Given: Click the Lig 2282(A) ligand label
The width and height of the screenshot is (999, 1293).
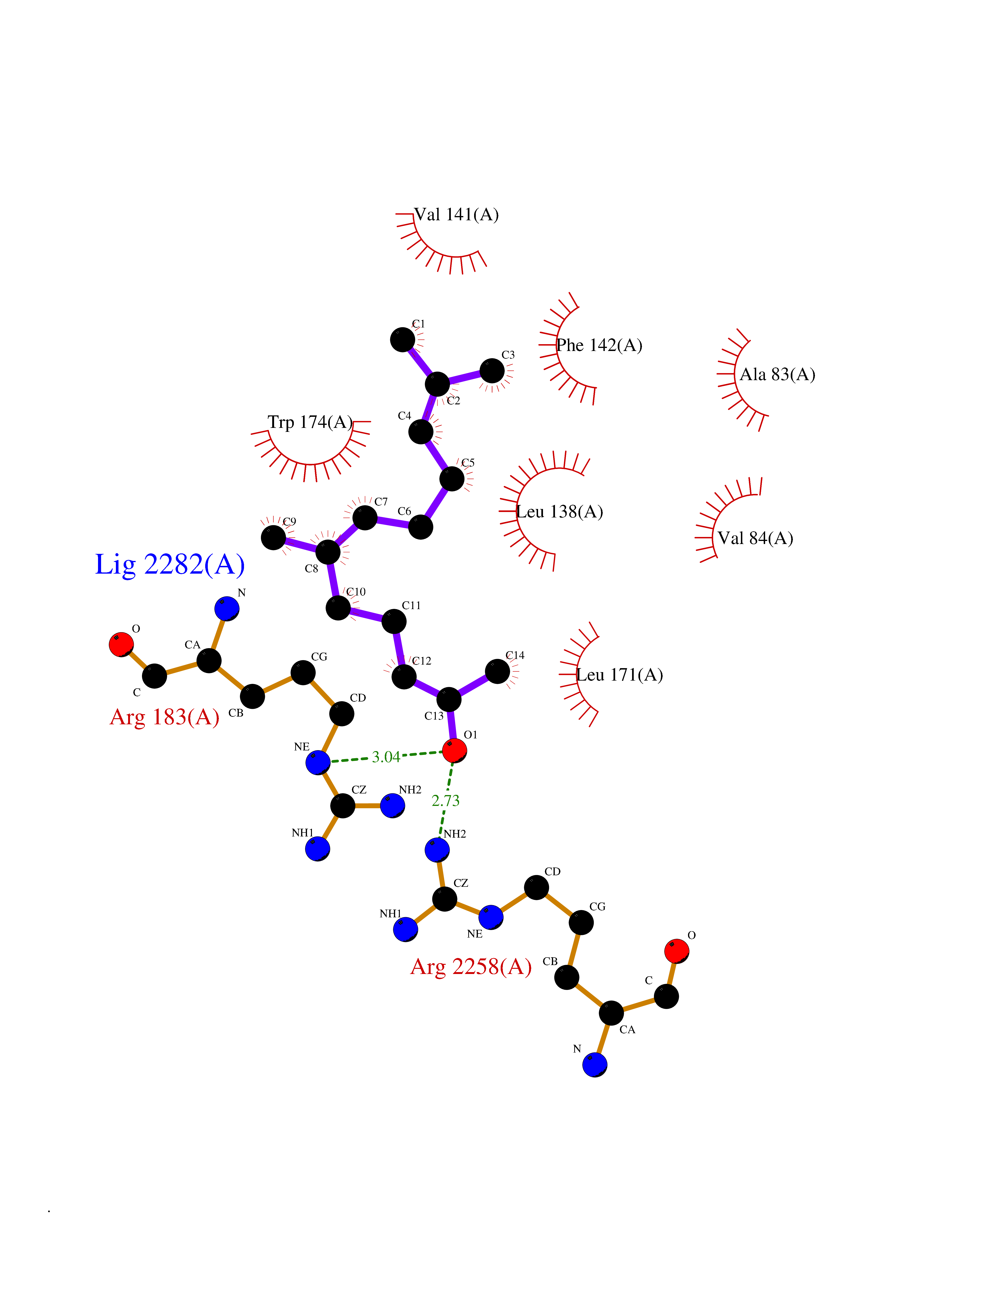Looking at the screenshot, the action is [x=170, y=565].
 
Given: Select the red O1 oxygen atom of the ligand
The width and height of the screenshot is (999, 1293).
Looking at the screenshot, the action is [x=455, y=751].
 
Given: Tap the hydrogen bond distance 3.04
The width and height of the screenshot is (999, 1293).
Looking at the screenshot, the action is [x=386, y=757].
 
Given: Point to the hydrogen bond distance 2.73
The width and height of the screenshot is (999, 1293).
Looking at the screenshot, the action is [x=446, y=801].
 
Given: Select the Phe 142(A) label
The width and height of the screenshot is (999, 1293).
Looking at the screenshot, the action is [x=600, y=345].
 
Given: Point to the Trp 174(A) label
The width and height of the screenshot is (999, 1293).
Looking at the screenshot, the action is [x=310, y=422].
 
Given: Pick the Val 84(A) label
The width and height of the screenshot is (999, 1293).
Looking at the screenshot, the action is [x=756, y=538].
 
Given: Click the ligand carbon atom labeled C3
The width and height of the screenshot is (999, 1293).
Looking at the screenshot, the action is [x=492, y=371].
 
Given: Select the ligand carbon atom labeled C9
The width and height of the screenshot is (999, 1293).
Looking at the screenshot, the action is [x=273, y=538].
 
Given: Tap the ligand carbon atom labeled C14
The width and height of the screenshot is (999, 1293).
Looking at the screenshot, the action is [x=497, y=671].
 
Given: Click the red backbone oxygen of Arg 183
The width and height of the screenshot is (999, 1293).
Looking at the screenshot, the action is [x=121, y=645].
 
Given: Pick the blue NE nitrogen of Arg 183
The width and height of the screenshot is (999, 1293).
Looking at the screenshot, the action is [x=318, y=763].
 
